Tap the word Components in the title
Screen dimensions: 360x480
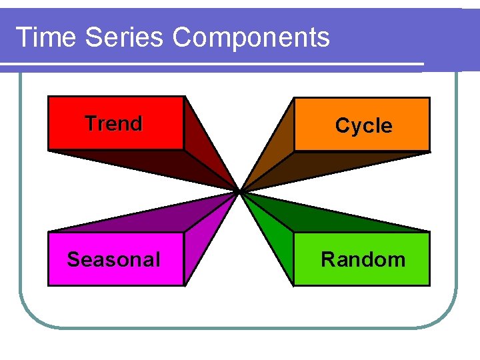(x=251, y=37)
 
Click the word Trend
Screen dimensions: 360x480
(x=113, y=123)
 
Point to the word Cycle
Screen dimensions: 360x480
(x=363, y=125)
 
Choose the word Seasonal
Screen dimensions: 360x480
(x=113, y=259)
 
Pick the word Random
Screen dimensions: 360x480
(x=363, y=259)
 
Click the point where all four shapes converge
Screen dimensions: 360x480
(x=239, y=192)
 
